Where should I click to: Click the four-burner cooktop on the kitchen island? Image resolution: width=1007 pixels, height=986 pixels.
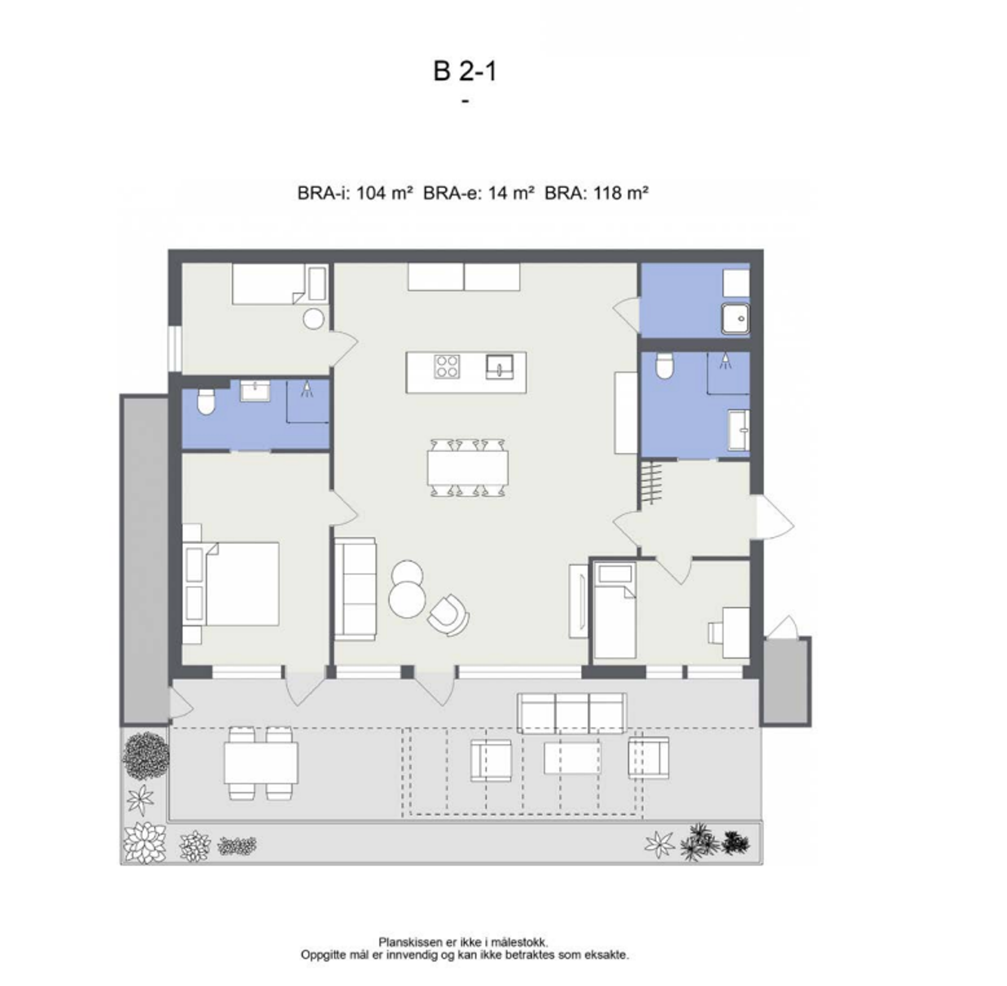pos(447,366)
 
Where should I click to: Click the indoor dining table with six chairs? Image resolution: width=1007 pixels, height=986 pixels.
pos(467,467)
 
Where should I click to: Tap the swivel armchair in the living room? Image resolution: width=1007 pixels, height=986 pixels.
pos(449,615)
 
